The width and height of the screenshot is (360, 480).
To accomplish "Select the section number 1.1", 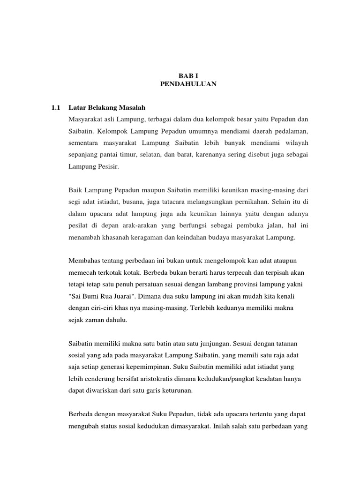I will pos(56,108).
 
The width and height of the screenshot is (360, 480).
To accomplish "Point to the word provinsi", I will pos(253,284).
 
